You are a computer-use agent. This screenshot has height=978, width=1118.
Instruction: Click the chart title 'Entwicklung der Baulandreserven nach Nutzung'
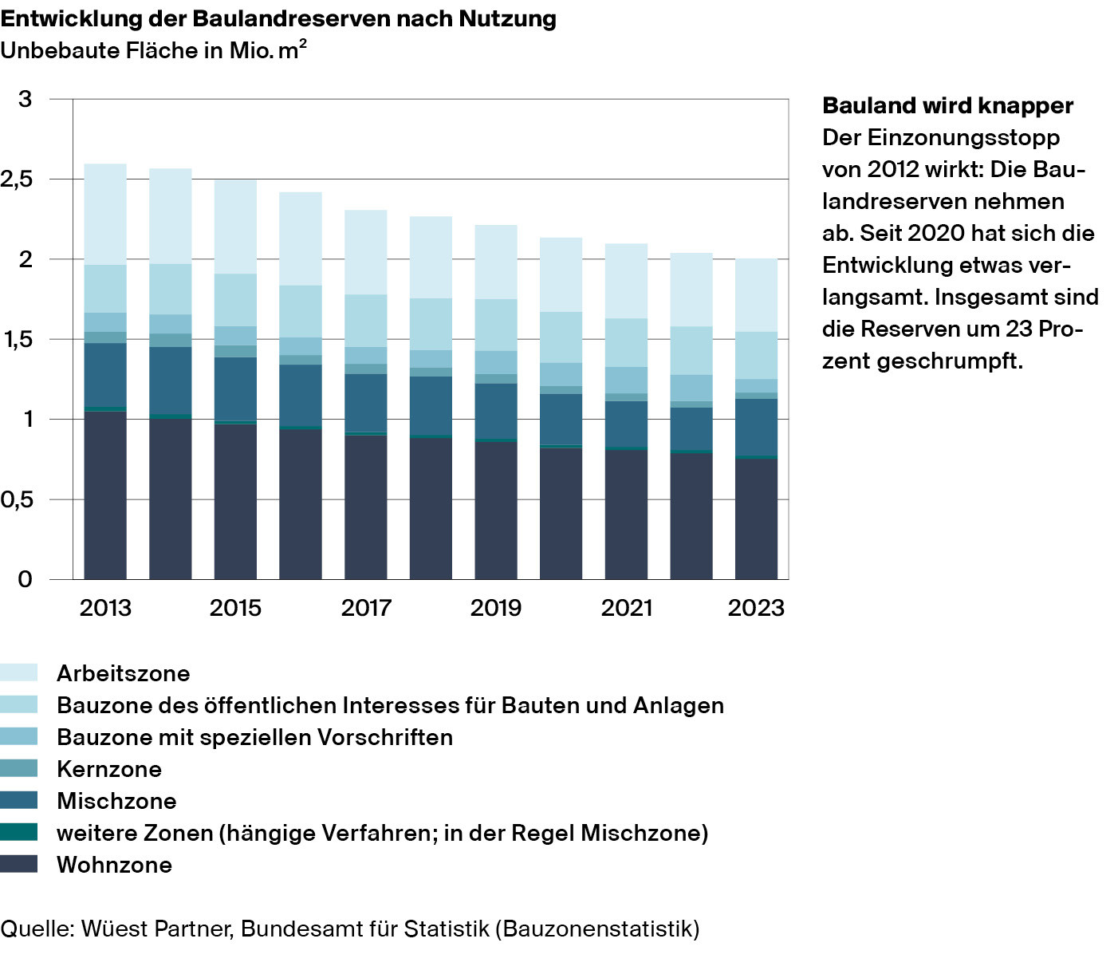pos(278,18)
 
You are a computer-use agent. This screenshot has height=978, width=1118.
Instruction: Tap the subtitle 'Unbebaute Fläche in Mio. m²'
pos(154,50)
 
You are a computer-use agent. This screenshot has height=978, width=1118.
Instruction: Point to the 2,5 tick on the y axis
pos(18,179)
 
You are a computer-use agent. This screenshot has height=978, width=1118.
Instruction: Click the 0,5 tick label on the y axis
pos(18,500)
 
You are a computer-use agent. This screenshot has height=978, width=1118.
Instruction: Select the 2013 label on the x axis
pos(105,608)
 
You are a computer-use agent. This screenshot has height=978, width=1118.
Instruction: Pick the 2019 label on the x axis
pos(495,608)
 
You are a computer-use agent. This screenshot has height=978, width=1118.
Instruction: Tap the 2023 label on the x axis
pos(756,608)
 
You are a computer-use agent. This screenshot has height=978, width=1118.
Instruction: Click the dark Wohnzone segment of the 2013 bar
pos(105,495)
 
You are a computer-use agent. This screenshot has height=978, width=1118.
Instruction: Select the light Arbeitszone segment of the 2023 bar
pos(756,295)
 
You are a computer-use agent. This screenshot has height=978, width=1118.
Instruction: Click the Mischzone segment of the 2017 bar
pos(366,403)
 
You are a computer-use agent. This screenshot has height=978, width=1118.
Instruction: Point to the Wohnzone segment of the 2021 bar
pos(626,515)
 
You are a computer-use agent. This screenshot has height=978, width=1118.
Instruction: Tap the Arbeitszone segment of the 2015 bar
pos(235,227)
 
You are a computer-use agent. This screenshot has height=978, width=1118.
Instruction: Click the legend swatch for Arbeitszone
pos(19,672)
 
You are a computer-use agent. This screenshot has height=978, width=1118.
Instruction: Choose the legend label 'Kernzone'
pos(109,769)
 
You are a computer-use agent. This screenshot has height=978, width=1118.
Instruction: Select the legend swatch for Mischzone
pos(19,800)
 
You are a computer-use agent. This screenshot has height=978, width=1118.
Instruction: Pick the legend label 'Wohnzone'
pos(114,865)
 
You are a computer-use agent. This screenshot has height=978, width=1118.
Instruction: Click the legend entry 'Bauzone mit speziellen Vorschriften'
pos(254,737)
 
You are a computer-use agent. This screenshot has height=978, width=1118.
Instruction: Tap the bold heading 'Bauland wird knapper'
pos(947,105)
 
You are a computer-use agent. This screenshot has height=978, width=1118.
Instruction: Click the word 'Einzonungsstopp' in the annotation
pos(963,137)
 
